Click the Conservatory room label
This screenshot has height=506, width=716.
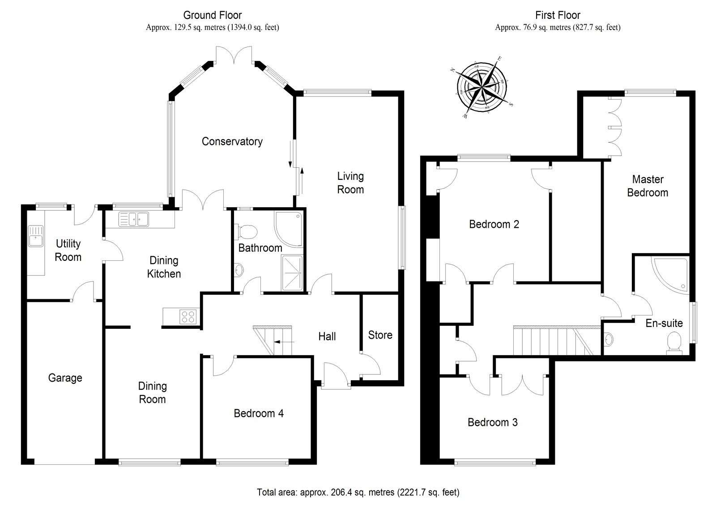coord(232,141)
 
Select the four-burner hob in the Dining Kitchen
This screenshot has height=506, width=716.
coord(188,316)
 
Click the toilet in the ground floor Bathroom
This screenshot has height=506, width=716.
coord(248,231)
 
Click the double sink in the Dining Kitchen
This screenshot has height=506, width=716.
coord(134,219)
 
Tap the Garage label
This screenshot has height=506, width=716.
coord(65,378)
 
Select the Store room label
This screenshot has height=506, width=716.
coord(380,335)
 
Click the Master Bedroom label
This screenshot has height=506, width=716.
coord(648,186)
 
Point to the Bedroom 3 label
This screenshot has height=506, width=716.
coord(492,422)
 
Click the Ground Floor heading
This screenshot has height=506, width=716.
coord(213,16)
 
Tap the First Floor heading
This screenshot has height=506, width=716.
coord(558,16)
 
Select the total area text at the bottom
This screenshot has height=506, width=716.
coord(358,493)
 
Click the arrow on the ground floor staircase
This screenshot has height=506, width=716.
coord(283,342)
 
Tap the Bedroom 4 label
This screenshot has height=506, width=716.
coord(259,413)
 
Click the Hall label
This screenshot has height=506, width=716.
coord(327,336)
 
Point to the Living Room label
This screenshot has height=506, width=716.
coord(350,183)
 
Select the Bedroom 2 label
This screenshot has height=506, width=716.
coord(494,224)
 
